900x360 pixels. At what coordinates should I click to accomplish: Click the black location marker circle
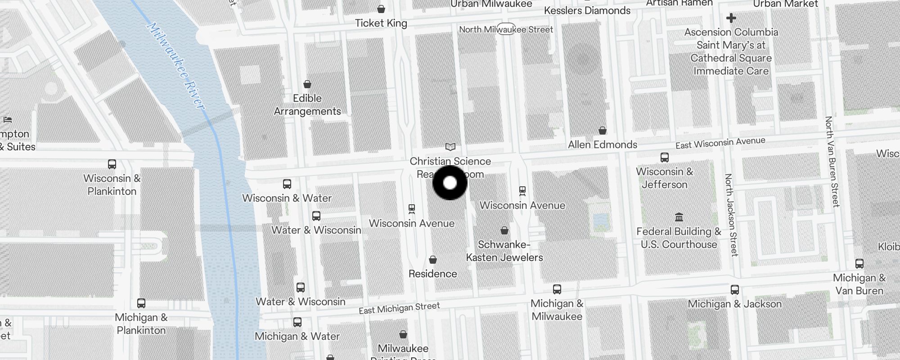(450, 183)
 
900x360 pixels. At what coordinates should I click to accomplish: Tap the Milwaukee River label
(175, 65)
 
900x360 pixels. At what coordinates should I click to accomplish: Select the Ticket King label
(381, 23)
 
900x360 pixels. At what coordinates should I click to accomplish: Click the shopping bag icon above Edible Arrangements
(307, 84)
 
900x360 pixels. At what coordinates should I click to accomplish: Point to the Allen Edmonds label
(603, 144)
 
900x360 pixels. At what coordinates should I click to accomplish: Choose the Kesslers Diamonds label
(587, 10)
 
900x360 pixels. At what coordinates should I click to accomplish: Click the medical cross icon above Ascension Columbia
(731, 18)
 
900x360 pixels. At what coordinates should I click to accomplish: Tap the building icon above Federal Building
(679, 218)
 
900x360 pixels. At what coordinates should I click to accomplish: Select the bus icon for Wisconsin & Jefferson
(664, 157)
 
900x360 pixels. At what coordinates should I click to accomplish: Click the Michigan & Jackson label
(734, 304)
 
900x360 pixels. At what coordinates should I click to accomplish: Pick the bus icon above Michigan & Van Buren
(859, 264)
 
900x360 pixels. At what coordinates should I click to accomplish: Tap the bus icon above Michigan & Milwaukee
(557, 289)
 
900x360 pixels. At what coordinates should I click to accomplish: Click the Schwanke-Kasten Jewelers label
(504, 251)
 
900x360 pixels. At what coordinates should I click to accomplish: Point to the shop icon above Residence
(432, 260)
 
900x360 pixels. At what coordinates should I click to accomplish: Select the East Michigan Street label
(399, 308)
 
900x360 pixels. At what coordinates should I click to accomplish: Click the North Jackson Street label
(731, 215)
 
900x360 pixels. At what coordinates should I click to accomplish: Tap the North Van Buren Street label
(832, 162)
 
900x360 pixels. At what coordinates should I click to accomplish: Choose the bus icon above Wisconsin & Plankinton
(112, 164)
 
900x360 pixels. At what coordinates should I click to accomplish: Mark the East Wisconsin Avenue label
(720, 143)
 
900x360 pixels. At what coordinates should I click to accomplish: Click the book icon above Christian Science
(450, 147)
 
